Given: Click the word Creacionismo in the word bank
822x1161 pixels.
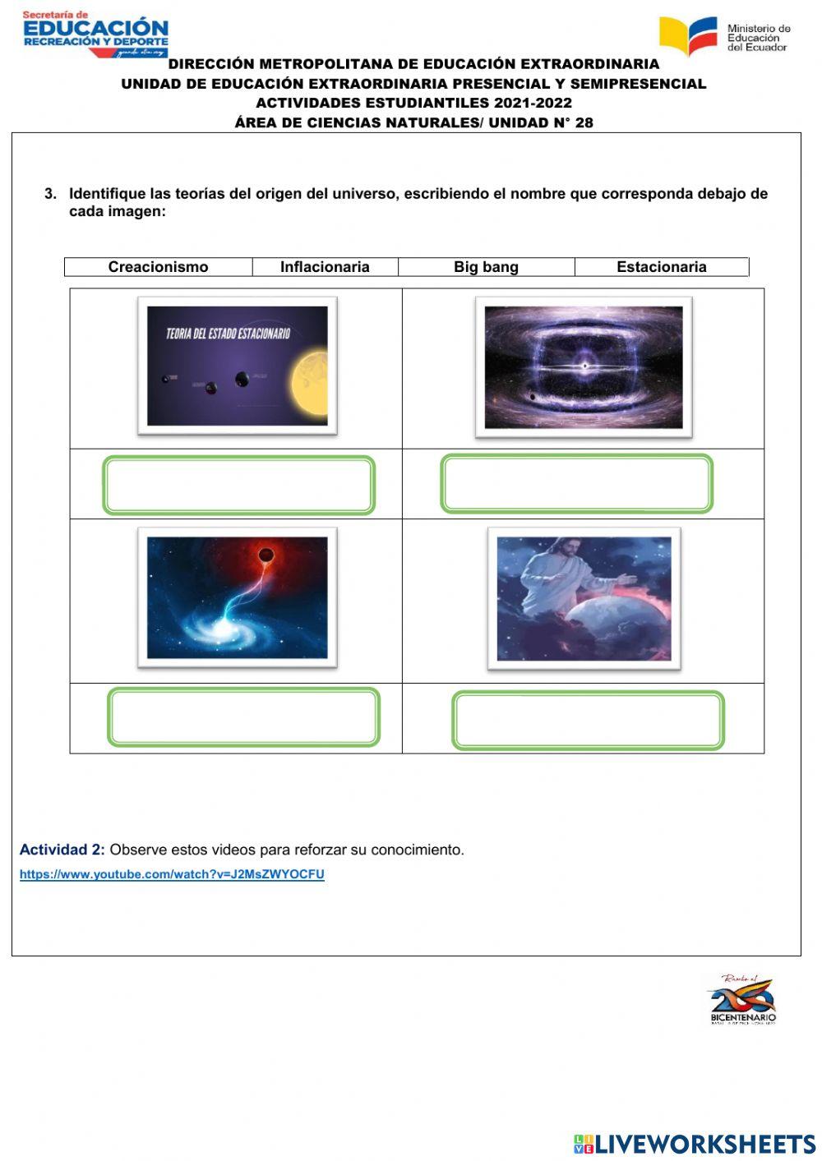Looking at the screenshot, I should (x=158, y=267).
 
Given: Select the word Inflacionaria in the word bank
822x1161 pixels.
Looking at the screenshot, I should (x=325, y=267).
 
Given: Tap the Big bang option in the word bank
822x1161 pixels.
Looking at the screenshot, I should (x=486, y=267).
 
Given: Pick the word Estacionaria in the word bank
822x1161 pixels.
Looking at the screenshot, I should (x=661, y=267).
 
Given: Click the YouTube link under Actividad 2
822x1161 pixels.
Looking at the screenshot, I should (x=172, y=874).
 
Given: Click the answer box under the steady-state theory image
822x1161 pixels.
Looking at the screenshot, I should (x=238, y=485).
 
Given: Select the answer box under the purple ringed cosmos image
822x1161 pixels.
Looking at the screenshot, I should (x=576, y=484).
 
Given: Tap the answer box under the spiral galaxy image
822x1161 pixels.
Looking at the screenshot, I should (x=243, y=717).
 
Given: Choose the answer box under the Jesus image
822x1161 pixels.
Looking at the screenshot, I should (x=588, y=721).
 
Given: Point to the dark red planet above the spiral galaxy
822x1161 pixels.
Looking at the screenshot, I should (x=266, y=555).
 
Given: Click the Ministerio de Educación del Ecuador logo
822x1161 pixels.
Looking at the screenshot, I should (x=724, y=37).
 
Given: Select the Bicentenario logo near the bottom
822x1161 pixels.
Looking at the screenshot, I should (x=742, y=1000).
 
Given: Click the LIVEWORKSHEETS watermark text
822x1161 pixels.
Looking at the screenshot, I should (x=695, y=1144).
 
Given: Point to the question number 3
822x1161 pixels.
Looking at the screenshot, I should (x=50, y=194).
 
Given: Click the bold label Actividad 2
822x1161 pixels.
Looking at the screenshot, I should (x=62, y=850).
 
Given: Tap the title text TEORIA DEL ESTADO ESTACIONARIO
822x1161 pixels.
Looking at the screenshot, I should (x=228, y=334).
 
